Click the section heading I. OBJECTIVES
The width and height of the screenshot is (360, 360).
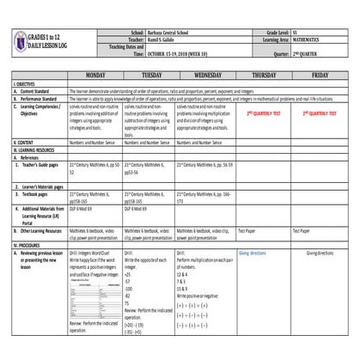[x=25, y=83]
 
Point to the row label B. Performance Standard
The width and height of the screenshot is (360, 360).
[x=38, y=98]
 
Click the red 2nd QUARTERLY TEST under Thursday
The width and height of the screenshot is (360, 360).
[x=265, y=113]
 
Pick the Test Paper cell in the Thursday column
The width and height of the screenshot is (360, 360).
[x=247, y=230]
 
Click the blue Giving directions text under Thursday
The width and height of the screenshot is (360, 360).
[x=253, y=253]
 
